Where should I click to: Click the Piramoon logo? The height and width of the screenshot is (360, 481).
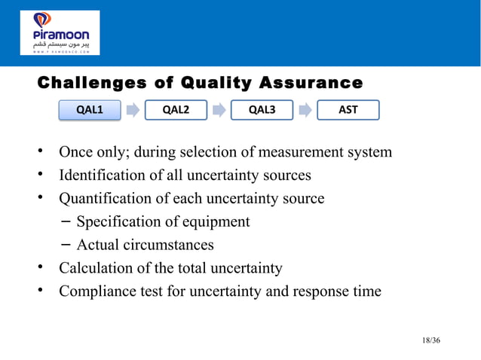(60, 32)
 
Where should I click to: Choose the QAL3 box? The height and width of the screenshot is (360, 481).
(262, 110)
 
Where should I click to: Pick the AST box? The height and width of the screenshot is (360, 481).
(348, 110)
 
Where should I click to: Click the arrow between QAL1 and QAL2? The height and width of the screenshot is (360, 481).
(133, 111)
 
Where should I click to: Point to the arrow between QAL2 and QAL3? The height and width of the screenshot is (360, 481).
(219, 111)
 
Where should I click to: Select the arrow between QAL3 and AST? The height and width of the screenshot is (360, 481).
(305, 111)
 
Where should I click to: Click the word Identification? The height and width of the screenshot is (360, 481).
(100, 175)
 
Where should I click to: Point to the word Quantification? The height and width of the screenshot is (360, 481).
(103, 199)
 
